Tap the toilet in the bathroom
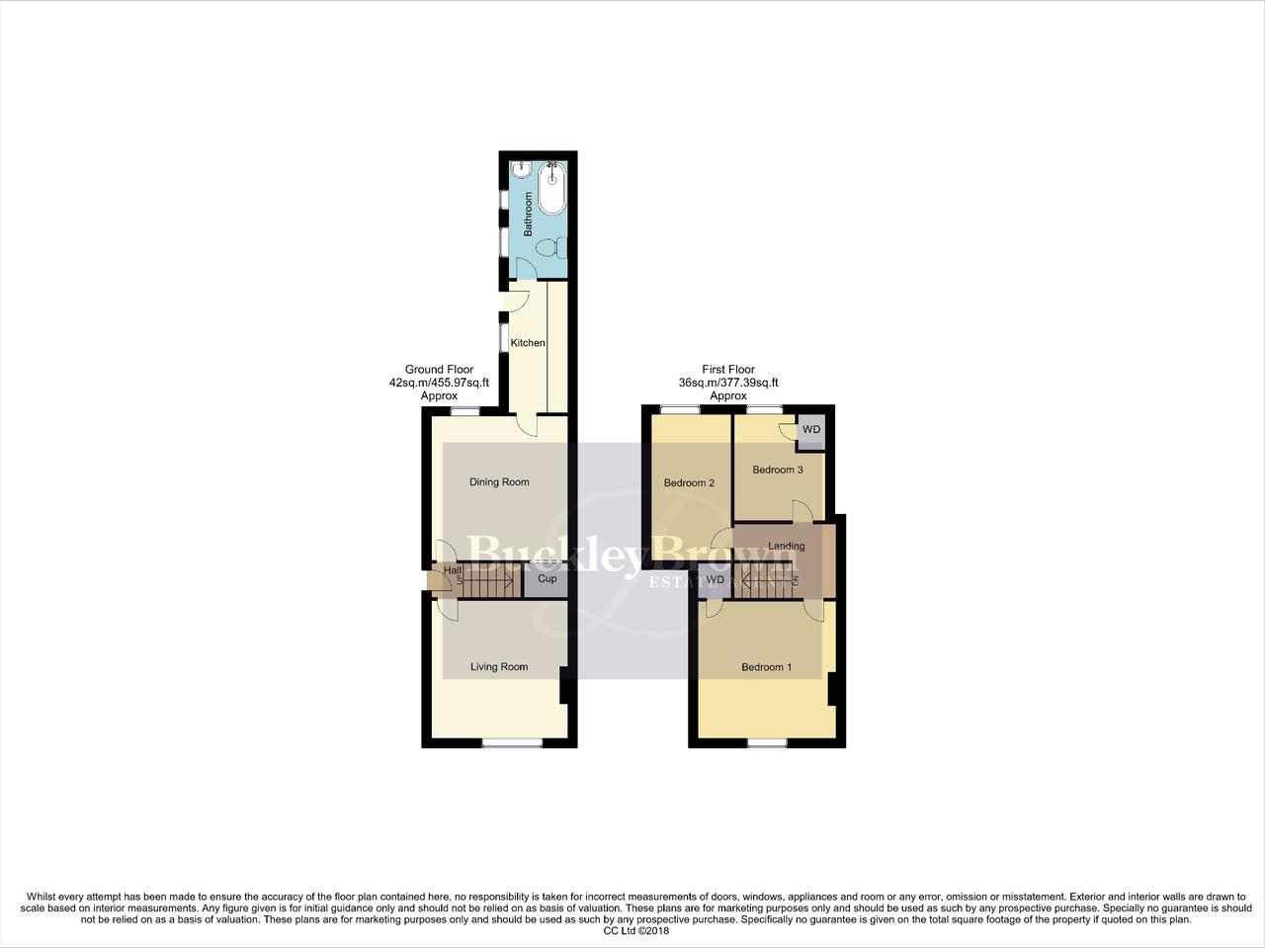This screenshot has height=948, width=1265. point(558,247)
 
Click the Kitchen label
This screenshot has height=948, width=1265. point(528,343)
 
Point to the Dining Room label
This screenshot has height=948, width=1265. point(499,482)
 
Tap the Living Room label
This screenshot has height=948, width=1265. point(499,667)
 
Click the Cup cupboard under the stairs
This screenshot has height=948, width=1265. point(547,579)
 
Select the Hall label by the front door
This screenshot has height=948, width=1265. point(453,570)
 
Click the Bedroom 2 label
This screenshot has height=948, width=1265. point(689,483)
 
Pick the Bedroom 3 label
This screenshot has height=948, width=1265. point(778,470)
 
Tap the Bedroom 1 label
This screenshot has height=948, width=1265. point(767,667)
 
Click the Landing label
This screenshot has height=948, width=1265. point(787,546)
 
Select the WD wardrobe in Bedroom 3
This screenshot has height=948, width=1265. point(811,430)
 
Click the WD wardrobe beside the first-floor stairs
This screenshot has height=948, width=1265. point(716,580)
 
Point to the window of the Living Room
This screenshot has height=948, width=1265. point(512,742)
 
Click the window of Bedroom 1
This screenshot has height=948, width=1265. point(767,742)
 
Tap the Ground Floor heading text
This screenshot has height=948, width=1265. point(439,370)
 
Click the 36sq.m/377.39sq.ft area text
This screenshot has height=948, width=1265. point(728,383)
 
